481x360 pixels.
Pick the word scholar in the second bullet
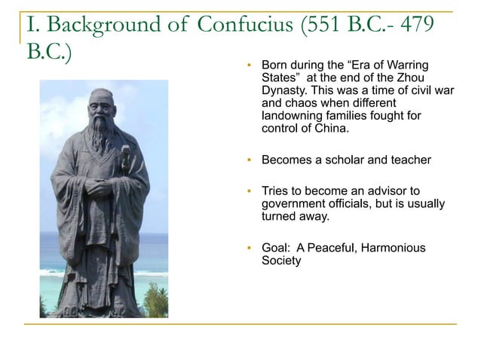click(340, 160)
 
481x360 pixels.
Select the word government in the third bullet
click(291, 203)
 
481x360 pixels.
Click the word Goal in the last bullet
click(274, 247)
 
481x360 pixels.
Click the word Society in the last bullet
click(280, 260)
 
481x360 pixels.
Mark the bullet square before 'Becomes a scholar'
click(248, 160)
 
